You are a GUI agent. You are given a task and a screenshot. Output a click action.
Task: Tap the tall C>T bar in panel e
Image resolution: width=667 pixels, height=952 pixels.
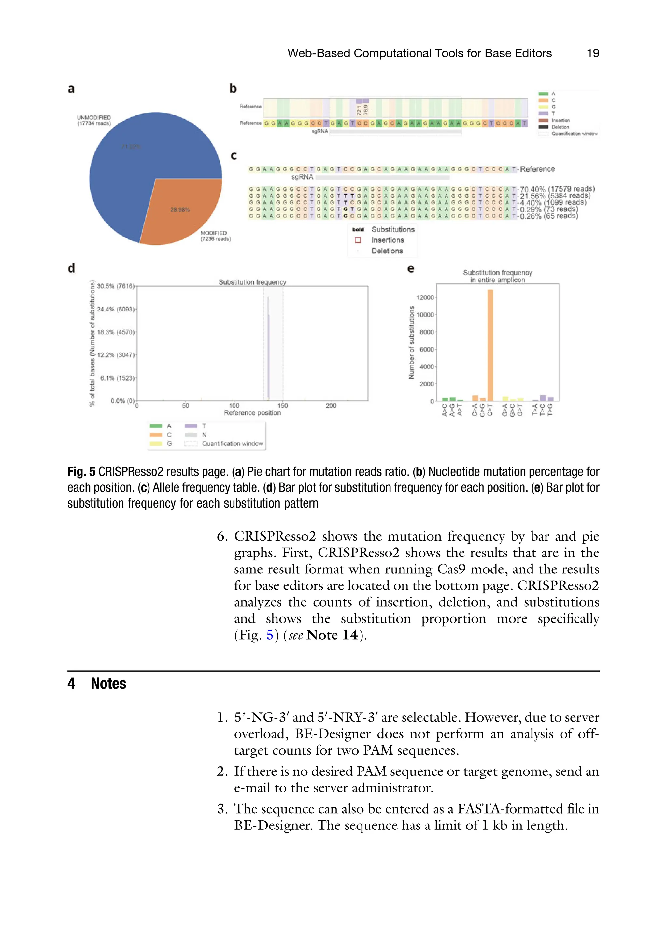(x=490, y=344)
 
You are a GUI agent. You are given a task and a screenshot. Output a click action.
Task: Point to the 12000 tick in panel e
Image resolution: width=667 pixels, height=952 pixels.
(x=425, y=297)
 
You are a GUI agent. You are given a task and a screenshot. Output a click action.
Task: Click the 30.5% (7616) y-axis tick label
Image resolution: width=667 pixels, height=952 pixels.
(x=115, y=286)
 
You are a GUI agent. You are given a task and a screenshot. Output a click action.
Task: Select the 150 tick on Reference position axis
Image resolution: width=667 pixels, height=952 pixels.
(x=282, y=406)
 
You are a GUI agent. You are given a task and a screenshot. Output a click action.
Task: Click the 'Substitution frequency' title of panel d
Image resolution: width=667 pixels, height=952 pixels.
(x=252, y=282)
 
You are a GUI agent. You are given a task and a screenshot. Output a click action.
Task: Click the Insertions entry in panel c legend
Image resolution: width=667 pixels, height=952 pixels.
(x=387, y=240)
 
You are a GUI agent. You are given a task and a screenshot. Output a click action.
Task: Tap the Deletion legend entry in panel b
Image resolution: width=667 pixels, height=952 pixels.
(x=560, y=127)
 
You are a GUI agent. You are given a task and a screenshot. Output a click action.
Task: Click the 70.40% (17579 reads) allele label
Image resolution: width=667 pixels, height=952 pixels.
(x=557, y=189)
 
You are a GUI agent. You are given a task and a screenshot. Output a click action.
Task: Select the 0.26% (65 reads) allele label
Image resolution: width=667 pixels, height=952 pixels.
(x=549, y=216)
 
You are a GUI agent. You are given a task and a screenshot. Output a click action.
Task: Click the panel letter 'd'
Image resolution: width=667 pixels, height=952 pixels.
(x=71, y=268)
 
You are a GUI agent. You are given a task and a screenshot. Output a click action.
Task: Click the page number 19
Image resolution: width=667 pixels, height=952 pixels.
(x=593, y=53)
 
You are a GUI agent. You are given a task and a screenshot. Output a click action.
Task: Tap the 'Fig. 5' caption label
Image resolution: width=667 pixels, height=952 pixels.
(x=81, y=472)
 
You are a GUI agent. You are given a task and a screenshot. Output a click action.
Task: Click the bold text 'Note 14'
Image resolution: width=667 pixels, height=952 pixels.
(x=332, y=635)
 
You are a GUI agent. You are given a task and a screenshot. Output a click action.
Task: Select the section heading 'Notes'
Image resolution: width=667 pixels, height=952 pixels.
(x=108, y=683)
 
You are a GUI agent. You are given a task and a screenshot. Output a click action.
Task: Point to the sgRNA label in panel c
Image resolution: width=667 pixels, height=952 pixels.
(x=302, y=177)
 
